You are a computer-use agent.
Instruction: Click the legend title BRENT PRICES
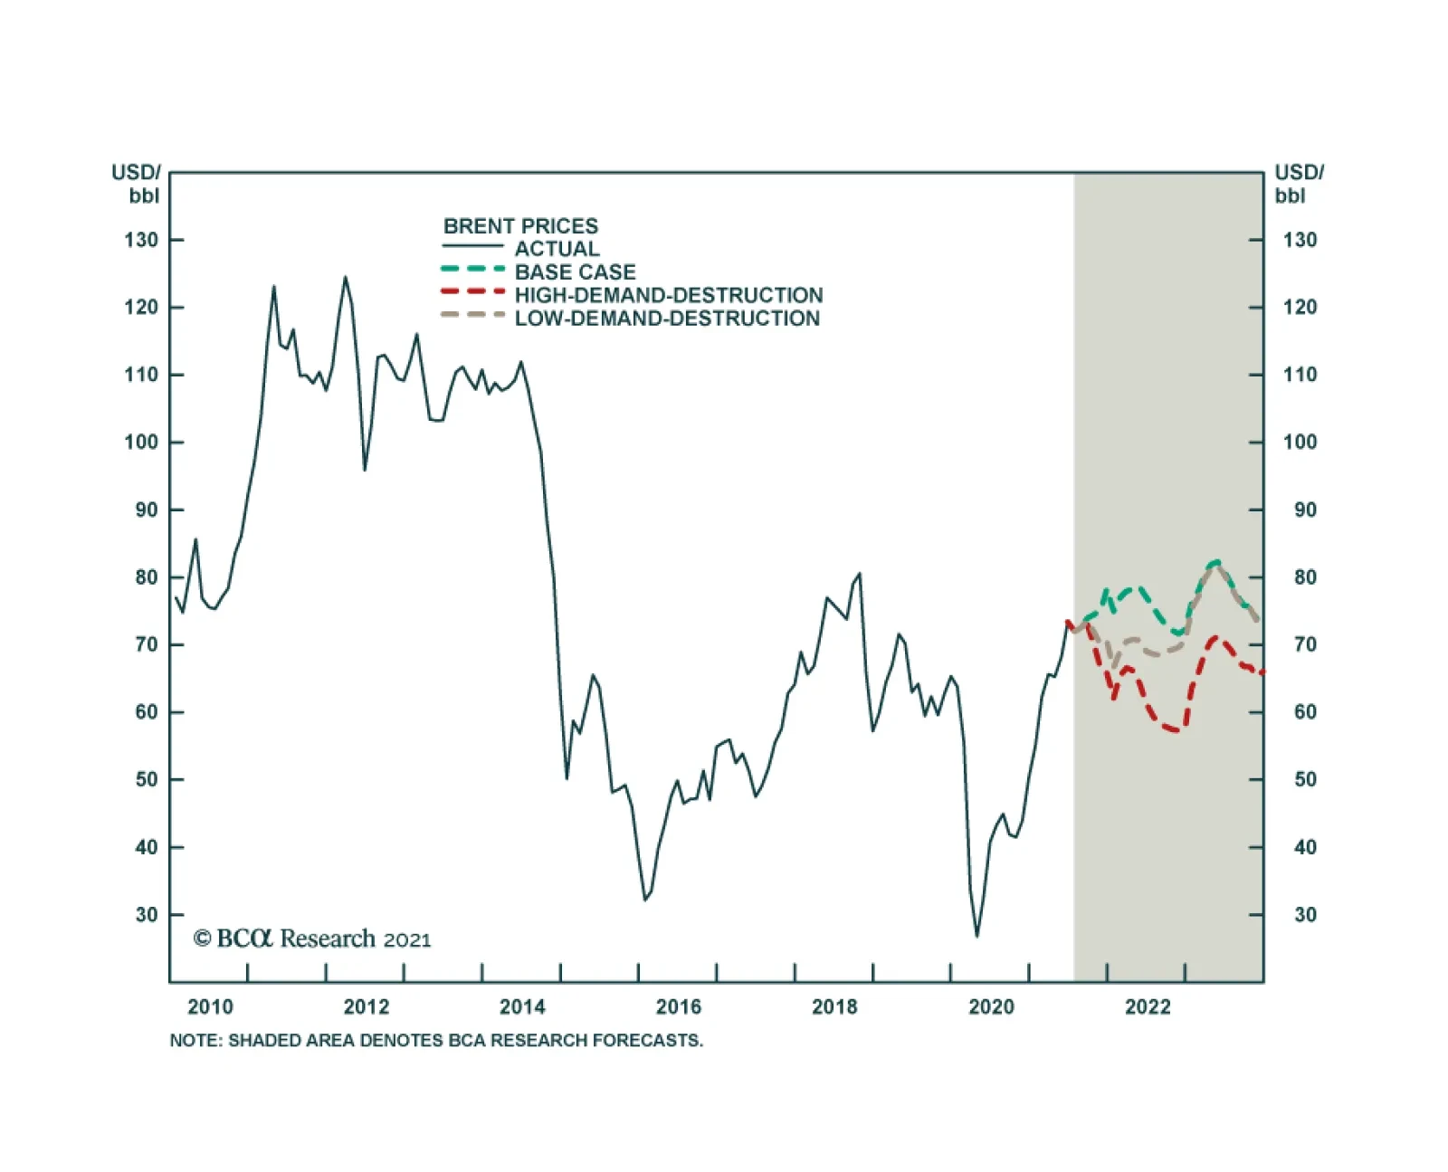pyautogui.click(x=520, y=226)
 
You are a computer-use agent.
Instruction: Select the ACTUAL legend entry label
pyautogui.click(x=557, y=249)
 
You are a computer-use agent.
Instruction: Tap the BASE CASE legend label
pyautogui.click(x=575, y=272)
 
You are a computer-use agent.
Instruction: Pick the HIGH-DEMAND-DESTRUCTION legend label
pyautogui.click(x=669, y=295)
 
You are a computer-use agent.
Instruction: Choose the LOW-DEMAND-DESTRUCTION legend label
pyautogui.click(x=667, y=319)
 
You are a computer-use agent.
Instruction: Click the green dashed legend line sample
pyautogui.click(x=472, y=270)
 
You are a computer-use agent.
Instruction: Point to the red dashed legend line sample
pyautogui.click(x=472, y=292)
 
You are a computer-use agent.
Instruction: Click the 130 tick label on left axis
pyautogui.click(x=141, y=240)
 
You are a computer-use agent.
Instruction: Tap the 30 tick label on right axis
pyautogui.click(x=1305, y=915)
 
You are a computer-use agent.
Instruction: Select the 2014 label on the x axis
pyautogui.click(x=522, y=1007)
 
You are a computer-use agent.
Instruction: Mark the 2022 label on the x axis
pyautogui.click(x=1148, y=1007)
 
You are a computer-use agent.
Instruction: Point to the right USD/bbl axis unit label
pyautogui.click(x=1298, y=184)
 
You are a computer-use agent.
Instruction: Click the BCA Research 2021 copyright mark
pyautogui.click(x=312, y=939)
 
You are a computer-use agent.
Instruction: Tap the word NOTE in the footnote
pyautogui.click(x=194, y=1041)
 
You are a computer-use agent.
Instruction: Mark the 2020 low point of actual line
pyautogui.click(x=976, y=936)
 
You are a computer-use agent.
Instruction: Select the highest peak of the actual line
pyautogui.click(x=345, y=277)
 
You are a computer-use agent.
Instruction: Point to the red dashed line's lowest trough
pyautogui.click(x=1175, y=729)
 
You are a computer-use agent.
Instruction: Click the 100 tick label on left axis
pyautogui.click(x=141, y=443)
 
